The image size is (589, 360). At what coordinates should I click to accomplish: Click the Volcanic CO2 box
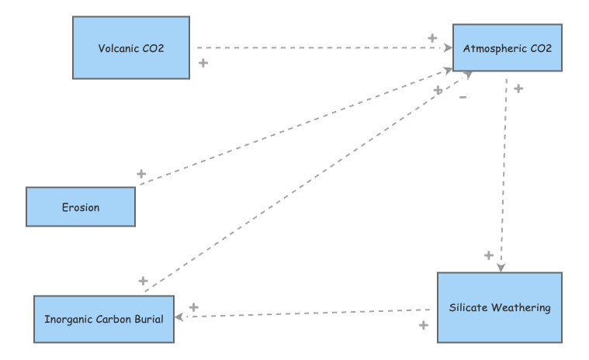[131, 47]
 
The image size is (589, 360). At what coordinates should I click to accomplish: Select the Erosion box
[81, 207]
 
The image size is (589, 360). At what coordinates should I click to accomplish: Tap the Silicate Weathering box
[500, 307]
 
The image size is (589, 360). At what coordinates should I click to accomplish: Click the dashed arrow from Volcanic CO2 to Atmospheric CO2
[324, 47]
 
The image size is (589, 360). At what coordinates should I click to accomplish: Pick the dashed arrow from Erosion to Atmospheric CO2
[296, 126]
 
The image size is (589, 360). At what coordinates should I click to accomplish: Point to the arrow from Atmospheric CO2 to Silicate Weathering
[504, 175]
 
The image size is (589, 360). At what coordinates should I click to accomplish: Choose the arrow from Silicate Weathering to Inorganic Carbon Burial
[303, 313]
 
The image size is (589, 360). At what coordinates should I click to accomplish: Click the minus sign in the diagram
[463, 97]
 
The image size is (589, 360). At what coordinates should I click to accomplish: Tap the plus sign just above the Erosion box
[141, 174]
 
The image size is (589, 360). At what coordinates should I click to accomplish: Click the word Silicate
[468, 307]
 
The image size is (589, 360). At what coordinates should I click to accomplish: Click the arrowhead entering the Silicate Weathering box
[501, 267]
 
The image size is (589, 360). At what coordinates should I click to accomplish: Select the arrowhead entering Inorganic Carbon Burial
[179, 317]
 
